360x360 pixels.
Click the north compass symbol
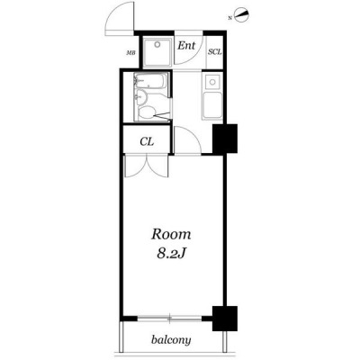(241, 15)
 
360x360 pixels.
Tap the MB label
(130, 53)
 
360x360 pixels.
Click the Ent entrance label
(186, 46)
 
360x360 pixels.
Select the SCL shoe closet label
(215, 51)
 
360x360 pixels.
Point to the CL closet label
(147, 141)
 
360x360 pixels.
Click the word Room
(171, 234)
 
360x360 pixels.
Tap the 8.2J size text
(171, 254)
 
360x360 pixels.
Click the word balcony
(171, 340)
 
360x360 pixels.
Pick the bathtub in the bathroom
(150, 81)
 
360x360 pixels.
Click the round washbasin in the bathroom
(140, 97)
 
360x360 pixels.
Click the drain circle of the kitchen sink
(212, 82)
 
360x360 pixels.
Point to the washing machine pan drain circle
(157, 45)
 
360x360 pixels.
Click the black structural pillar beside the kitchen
(225, 139)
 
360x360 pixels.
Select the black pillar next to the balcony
(225, 319)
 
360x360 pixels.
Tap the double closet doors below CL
(147, 166)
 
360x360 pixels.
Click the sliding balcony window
(170, 319)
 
